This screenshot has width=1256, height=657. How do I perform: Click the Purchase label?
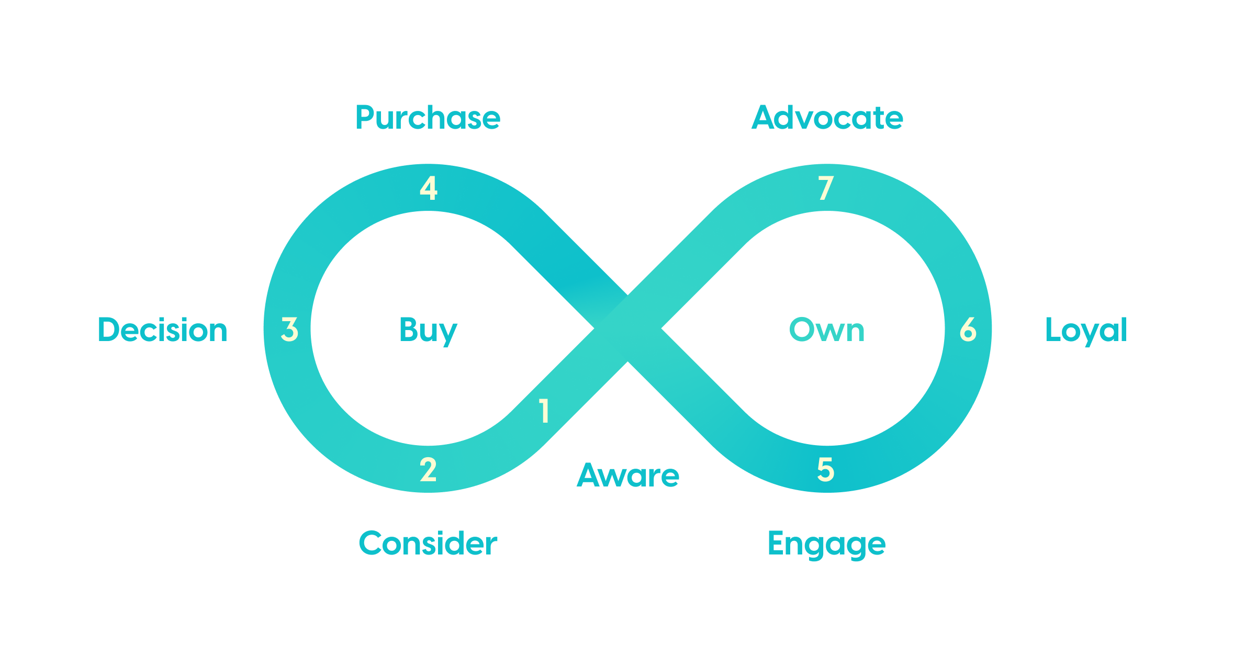(x=428, y=118)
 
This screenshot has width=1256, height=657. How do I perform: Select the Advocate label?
(x=827, y=118)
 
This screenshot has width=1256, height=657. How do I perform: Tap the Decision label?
(x=163, y=330)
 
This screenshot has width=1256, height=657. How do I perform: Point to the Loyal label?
(x=1086, y=330)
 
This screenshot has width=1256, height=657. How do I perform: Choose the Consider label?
(x=428, y=543)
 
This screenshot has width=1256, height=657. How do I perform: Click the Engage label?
(x=826, y=544)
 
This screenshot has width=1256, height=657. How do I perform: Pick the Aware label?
(x=628, y=475)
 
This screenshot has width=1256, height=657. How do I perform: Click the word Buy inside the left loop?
(x=428, y=331)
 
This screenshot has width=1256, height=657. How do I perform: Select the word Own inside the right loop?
(x=826, y=330)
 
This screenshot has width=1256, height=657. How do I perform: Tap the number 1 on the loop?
(x=544, y=411)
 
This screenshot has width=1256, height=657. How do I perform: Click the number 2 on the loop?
(x=428, y=469)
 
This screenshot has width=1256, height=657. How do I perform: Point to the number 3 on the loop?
(x=289, y=330)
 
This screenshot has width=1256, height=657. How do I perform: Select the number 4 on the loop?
(x=429, y=188)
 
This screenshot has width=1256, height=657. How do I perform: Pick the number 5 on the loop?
(x=826, y=469)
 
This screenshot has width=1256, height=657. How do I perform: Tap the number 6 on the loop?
(x=968, y=330)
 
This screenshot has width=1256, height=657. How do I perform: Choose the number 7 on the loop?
(x=826, y=188)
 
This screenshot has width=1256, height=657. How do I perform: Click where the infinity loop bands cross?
(x=627, y=328)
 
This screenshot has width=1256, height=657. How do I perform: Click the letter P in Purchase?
(x=365, y=118)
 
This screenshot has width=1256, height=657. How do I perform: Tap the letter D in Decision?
(x=109, y=330)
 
